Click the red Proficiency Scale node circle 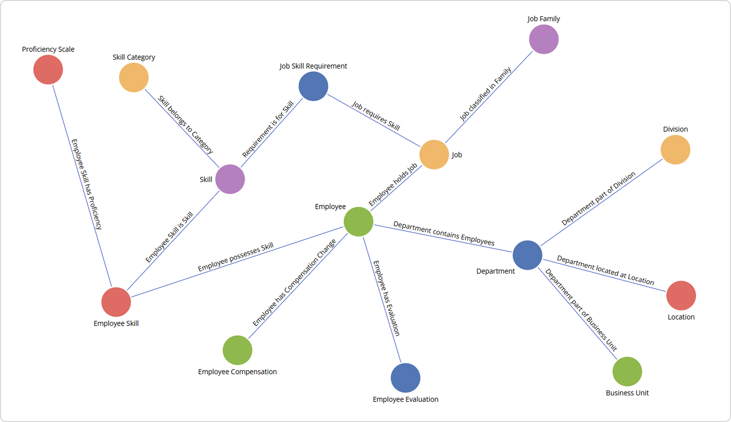[x=48, y=70]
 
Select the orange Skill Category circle [x=134, y=78]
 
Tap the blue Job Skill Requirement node [x=313, y=86]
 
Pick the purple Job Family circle [x=544, y=39]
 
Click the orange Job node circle [x=434, y=155]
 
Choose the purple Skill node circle [x=230, y=179]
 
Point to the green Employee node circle [x=358, y=222]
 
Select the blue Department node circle [x=527, y=255]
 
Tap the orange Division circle [x=675, y=150]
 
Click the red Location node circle [x=681, y=296]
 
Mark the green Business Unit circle [x=627, y=371]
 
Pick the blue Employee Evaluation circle [x=405, y=378]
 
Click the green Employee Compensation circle [x=238, y=350]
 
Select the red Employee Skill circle [x=116, y=302]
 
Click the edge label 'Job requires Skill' [x=376, y=116]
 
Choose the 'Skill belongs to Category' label [x=185, y=125]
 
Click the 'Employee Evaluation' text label [x=405, y=399]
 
